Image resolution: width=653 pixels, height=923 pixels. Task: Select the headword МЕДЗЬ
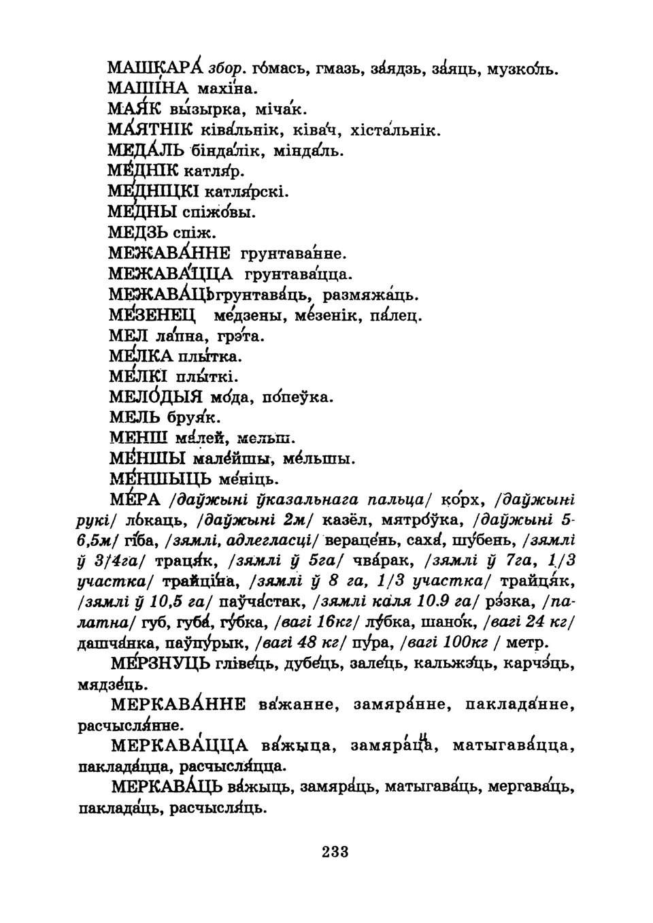[x=139, y=233]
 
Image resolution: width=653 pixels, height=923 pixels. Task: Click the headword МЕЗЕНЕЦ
[x=152, y=316]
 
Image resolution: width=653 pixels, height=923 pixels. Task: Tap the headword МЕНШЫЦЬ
[x=160, y=479]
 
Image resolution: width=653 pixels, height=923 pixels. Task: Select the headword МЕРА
[x=134, y=501]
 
